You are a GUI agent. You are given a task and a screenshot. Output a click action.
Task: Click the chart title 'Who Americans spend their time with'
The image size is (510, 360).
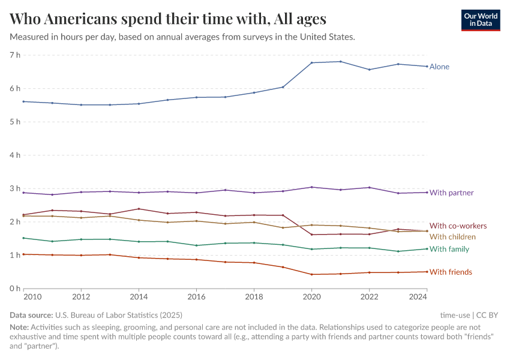pyautogui.click(x=168, y=19)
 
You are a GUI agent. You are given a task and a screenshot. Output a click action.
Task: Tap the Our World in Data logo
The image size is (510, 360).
pyautogui.click(x=480, y=20)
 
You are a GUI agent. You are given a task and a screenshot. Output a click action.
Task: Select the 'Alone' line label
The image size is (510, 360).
pyautogui.click(x=439, y=67)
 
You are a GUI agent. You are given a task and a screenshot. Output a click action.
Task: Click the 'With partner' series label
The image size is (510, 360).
pyautogui.click(x=451, y=193)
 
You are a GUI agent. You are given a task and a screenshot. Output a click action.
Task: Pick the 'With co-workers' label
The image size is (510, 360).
pyautogui.click(x=458, y=226)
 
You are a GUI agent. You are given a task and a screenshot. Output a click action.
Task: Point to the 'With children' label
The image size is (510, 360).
pyautogui.click(x=452, y=237)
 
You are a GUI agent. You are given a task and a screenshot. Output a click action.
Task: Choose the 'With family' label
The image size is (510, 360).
pyautogui.click(x=449, y=249)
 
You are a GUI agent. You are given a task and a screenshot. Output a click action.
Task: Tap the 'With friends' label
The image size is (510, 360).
pyautogui.click(x=451, y=272)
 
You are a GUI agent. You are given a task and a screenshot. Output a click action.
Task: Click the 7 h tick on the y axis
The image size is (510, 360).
pyautogui.click(x=14, y=55)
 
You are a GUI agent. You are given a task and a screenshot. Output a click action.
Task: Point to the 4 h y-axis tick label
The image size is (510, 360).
pyautogui.click(x=14, y=155)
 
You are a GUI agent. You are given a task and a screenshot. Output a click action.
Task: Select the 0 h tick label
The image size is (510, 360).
pyautogui.click(x=14, y=289)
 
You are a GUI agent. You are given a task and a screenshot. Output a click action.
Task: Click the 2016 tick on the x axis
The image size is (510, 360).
pyautogui.click(x=196, y=297)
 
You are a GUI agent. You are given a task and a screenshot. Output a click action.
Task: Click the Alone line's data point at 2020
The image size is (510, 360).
pyautogui.click(x=312, y=62)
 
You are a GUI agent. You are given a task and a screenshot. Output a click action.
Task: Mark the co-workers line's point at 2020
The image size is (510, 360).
pyautogui.click(x=312, y=235)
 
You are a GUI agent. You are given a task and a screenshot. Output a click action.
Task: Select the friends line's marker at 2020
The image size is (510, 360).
pyautogui.click(x=312, y=274)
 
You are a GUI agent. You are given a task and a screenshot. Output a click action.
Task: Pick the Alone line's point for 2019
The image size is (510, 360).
pyautogui.click(x=283, y=87)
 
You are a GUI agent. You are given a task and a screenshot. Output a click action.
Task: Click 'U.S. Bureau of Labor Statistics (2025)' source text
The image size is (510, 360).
pyautogui.click(x=119, y=315)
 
